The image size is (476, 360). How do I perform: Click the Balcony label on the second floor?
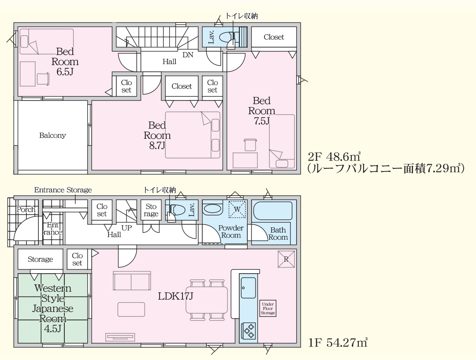[x=52, y=135]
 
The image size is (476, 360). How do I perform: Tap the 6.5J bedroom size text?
[x=65, y=72]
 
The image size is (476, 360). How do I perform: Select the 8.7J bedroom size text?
[x=157, y=146]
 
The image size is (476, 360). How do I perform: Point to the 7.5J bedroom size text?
[x=262, y=121]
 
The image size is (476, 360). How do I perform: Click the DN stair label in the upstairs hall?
[x=188, y=55]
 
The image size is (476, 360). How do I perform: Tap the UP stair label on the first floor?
[x=126, y=228]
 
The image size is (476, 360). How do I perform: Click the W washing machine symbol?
[x=237, y=209]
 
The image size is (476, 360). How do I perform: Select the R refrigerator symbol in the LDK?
[x=286, y=259]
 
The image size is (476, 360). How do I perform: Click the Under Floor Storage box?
[x=268, y=308]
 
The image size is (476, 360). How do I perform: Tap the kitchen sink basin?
[x=248, y=287]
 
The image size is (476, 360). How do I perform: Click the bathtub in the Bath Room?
[x=273, y=211]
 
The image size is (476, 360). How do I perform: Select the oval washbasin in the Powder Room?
[x=212, y=209]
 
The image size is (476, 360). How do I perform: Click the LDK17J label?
[x=175, y=296]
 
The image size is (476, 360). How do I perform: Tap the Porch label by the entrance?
[x=26, y=209]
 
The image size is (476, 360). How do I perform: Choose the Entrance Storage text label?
[x=63, y=190]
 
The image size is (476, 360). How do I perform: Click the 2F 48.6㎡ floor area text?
[x=334, y=157]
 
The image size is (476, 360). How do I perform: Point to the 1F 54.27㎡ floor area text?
[x=338, y=343]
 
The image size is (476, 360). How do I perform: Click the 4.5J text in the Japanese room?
[x=52, y=329]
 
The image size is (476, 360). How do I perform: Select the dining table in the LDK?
[x=206, y=300]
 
